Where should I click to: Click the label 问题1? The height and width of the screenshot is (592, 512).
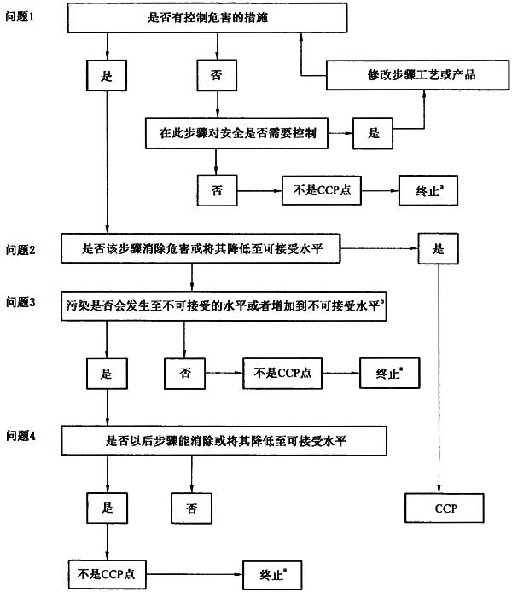[x=21, y=18]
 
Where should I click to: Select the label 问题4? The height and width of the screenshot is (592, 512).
[x=21, y=438]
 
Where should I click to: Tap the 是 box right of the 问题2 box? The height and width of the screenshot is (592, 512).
[x=439, y=249]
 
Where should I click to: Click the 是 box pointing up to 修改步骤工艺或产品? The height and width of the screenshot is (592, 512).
[x=373, y=133]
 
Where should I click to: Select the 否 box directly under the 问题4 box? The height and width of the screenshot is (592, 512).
[x=191, y=508]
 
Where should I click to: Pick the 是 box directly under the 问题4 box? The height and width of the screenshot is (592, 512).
[x=108, y=508]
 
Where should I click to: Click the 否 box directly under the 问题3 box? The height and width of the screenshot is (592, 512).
[x=185, y=372]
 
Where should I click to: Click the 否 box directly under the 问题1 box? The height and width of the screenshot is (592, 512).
[x=217, y=76]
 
